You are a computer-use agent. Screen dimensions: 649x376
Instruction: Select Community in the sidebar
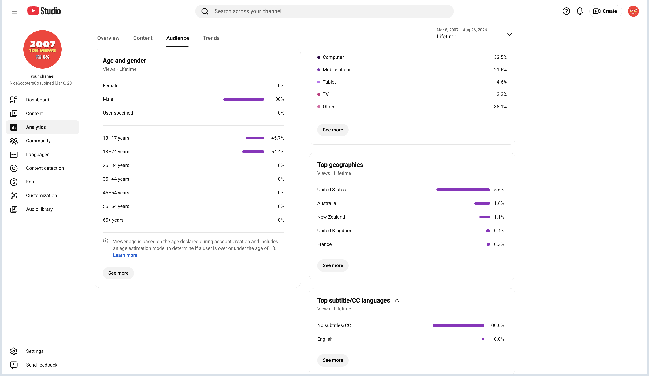pos(38,141)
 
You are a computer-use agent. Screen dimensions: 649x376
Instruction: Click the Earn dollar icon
pos(14,182)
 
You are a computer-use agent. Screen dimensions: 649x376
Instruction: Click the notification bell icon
pos(580,11)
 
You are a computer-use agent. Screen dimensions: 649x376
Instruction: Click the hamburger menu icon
pos(14,11)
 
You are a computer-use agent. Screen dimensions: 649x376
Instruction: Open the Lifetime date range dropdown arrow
pos(510,34)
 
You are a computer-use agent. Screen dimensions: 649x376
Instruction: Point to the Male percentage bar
pos(244,99)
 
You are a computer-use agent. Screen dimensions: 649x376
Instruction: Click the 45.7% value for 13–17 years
pos(278,138)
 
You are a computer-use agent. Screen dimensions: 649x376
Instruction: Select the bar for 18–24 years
pos(253,152)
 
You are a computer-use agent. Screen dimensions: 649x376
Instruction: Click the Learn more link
pos(125,255)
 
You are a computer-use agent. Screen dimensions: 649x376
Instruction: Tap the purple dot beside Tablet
pos(319,82)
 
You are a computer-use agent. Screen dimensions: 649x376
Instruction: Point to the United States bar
pos(463,190)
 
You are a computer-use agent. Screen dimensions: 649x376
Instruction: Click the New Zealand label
pos(331,217)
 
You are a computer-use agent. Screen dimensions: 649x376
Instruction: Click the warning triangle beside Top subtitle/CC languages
pos(397,301)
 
